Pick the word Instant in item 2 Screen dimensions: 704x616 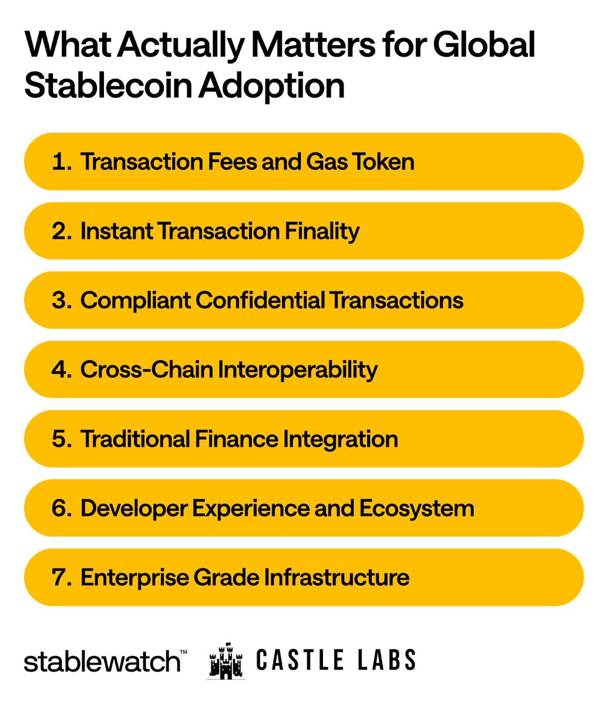click(x=116, y=231)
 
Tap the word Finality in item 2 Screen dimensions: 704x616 click(x=322, y=231)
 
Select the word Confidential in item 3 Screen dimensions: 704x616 click(x=260, y=300)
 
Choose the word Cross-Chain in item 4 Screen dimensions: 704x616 click(x=146, y=370)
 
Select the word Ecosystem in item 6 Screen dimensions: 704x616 click(x=416, y=508)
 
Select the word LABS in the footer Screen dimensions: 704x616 click(x=388, y=660)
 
